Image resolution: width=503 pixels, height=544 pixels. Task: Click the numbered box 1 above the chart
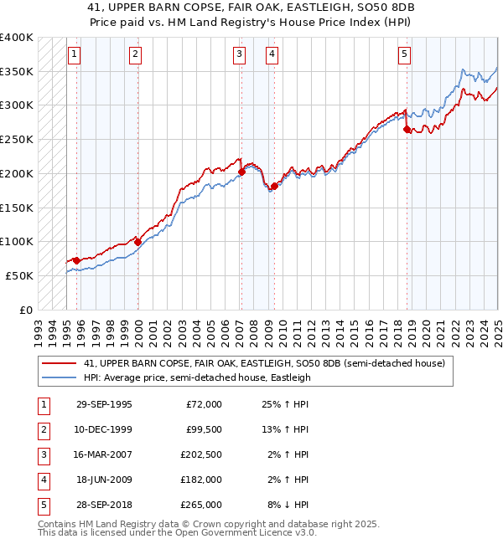tap(75, 55)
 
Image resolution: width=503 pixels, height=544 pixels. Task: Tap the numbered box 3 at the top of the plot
tap(239, 55)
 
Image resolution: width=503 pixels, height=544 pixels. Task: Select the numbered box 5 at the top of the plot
tap(404, 55)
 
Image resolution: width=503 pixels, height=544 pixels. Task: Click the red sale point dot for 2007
tap(241, 172)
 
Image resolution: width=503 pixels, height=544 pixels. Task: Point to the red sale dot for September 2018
tap(407, 129)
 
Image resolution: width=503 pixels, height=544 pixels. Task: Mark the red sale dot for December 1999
tap(137, 242)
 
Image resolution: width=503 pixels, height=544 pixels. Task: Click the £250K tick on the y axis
tap(16, 139)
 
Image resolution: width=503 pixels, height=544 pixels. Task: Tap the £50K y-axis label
tap(19, 275)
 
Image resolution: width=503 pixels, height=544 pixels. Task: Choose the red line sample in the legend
tap(60, 363)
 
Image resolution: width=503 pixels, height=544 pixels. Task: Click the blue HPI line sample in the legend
tap(60, 377)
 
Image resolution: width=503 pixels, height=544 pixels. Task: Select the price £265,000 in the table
tap(201, 504)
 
